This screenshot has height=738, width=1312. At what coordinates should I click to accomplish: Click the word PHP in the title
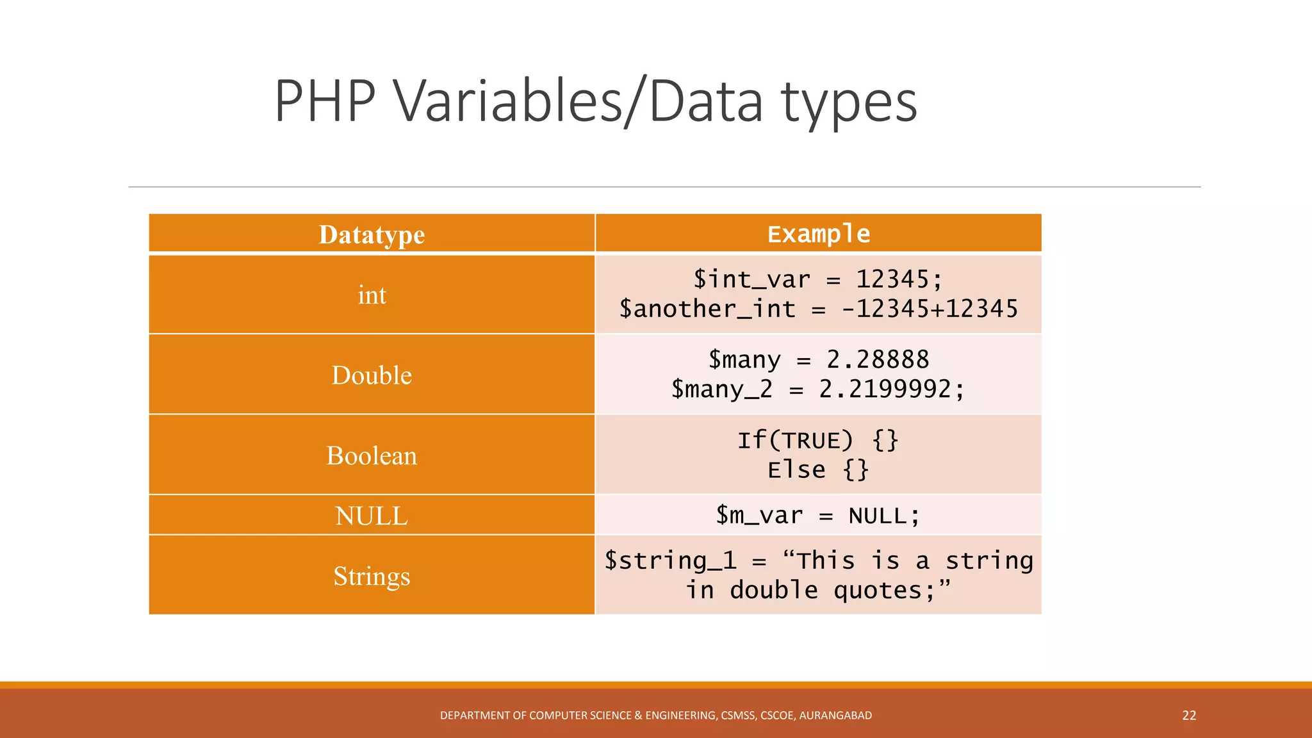325,101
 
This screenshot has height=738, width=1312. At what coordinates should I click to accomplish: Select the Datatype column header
372,234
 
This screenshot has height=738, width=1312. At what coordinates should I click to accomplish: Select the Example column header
819,234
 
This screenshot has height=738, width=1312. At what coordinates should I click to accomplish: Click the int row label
372,295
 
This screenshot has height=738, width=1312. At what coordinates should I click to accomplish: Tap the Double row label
372,375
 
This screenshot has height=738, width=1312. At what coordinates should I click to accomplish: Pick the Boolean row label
372,456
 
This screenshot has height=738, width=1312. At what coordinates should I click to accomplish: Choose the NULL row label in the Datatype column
372,516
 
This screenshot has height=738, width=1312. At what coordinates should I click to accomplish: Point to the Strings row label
372,577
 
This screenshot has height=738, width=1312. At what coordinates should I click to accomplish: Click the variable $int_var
751,280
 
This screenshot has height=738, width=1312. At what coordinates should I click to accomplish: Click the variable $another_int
707,309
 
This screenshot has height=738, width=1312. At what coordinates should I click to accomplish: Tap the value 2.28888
878,360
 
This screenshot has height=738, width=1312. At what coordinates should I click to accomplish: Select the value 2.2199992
885,389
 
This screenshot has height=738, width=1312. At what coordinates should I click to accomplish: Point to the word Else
796,470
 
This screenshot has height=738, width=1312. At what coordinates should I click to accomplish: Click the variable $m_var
759,516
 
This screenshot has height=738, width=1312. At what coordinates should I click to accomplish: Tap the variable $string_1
671,561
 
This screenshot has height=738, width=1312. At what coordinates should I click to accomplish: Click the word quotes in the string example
878,591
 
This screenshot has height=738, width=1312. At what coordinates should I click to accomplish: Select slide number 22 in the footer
1189,716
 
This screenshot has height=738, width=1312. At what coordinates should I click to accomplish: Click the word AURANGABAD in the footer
835,716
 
